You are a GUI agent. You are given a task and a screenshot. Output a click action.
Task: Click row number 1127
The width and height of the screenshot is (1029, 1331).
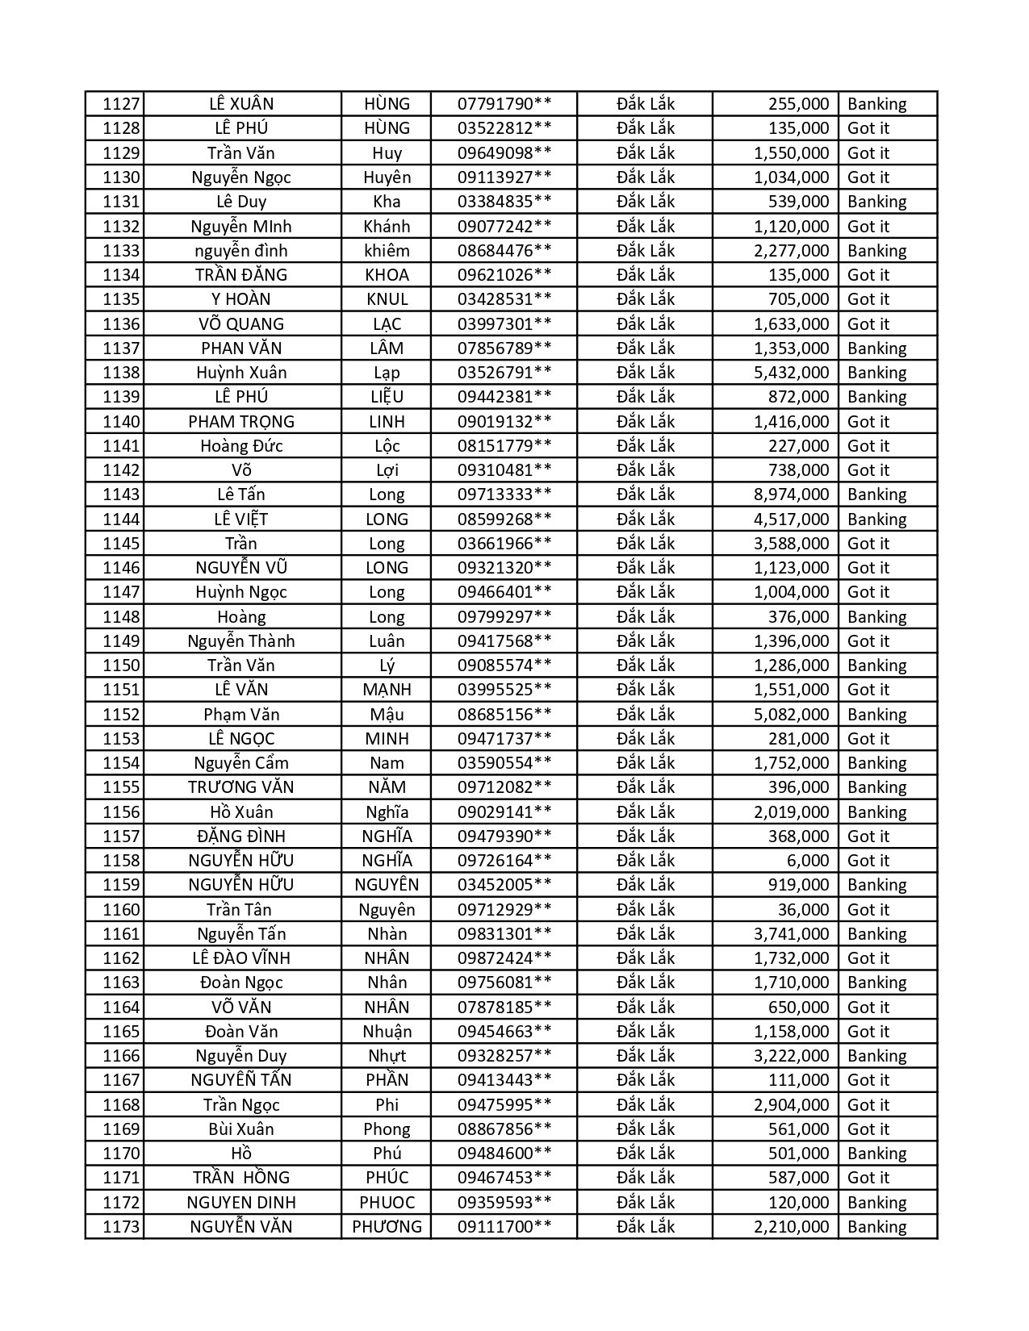pyautogui.click(x=122, y=104)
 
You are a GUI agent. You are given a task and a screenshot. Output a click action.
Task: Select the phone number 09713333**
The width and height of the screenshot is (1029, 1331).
pyautogui.click(x=504, y=494)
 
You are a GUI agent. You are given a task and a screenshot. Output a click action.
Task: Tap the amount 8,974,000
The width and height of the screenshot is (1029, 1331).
pyautogui.click(x=791, y=494)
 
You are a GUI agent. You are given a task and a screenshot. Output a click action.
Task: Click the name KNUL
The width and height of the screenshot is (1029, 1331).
pyautogui.click(x=387, y=299)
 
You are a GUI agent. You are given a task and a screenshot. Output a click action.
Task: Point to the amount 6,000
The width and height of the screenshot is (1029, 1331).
pyautogui.click(x=808, y=861)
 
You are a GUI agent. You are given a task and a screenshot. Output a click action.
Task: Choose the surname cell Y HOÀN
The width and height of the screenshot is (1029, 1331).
pyautogui.click(x=241, y=299)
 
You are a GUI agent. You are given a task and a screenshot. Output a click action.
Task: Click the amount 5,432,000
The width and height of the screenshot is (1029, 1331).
pyautogui.click(x=791, y=373)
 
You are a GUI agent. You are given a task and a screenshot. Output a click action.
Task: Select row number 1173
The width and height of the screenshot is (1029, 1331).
pyautogui.click(x=122, y=1227)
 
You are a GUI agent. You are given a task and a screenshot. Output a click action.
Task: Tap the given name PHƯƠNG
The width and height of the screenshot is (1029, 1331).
pyautogui.click(x=387, y=1227)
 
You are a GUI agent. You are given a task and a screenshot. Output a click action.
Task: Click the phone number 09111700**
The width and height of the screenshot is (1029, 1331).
pyautogui.click(x=504, y=1227)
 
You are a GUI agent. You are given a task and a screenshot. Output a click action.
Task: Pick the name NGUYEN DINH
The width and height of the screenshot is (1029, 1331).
pyautogui.click(x=241, y=1203)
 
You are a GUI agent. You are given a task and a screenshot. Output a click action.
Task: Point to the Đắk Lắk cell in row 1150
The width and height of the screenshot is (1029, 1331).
pyautogui.click(x=646, y=665)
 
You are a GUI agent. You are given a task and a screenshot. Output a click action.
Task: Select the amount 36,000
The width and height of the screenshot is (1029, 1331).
pyautogui.click(x=803, y=910)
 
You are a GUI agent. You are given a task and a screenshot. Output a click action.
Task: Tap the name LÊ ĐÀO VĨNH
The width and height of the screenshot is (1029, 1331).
pyautogui.click(x=241, y=958)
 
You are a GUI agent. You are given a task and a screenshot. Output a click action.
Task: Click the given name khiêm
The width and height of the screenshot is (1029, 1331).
pyautogui.click(x=387, y=251)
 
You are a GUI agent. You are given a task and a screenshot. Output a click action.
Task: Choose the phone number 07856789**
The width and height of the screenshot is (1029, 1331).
pyautogui.click(x=504, y=348)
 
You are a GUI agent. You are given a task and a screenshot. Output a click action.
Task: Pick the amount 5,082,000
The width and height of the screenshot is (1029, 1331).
pyautogui.click(x=791, y=715)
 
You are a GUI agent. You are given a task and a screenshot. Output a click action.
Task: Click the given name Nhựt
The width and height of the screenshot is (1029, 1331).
pyautogui.click(x=387, y=1056)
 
